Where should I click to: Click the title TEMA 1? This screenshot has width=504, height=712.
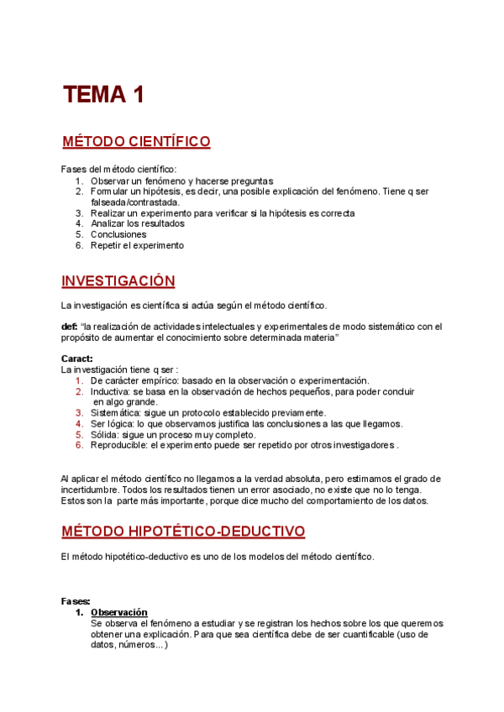pos(103,95)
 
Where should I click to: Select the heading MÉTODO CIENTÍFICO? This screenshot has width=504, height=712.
pos(136,142)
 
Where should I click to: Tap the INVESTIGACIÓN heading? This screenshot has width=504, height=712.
pos(118,280)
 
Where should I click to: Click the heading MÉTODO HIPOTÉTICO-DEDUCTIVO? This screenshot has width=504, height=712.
pos(183,531)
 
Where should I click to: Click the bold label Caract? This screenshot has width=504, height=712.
pos(77,359)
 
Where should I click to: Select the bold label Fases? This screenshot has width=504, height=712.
pos(76,601)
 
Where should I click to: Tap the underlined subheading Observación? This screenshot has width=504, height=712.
pos(119,612)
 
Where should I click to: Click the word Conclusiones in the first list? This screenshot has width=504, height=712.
pos(118,235)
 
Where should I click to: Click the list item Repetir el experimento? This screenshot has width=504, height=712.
pos(137,246)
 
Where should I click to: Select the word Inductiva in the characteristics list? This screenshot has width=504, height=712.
pos(112,391)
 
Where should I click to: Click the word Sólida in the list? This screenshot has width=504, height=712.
pos(106,435)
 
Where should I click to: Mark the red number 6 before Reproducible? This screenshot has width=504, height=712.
pos(78,446)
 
